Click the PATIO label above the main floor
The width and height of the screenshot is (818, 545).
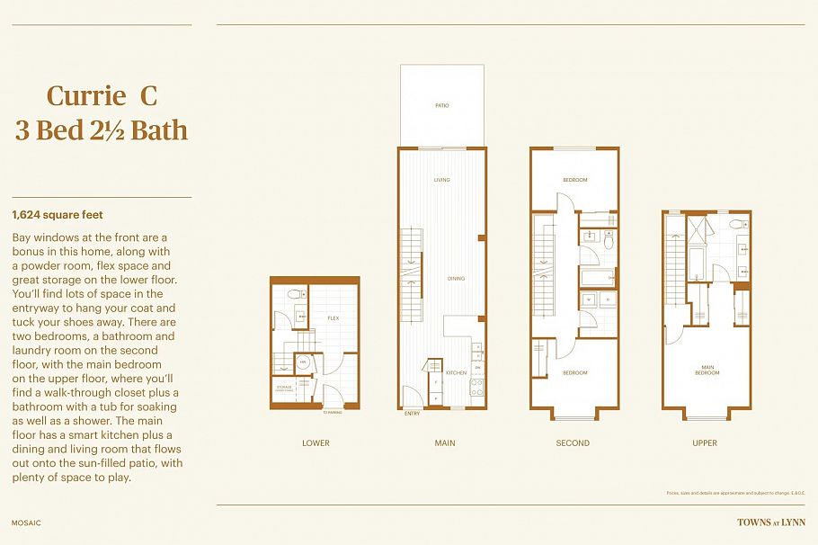441,105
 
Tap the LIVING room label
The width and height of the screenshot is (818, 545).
441,180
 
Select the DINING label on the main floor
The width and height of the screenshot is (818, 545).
456,279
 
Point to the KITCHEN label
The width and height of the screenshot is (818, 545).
455,372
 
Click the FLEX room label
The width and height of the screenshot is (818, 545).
333,318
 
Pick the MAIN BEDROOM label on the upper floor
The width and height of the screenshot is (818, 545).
707,370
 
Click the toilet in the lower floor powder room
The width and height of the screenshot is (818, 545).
293,295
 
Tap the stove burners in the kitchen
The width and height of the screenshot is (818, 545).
477,388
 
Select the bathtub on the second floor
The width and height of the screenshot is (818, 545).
596,276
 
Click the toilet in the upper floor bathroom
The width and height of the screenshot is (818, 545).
735,224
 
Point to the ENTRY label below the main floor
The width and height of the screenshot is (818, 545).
413,414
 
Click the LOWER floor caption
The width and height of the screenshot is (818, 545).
316,442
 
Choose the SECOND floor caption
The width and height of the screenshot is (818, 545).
573,442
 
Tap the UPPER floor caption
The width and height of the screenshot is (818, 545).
705,442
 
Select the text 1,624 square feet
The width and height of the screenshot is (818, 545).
58,215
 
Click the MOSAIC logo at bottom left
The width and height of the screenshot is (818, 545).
27,523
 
